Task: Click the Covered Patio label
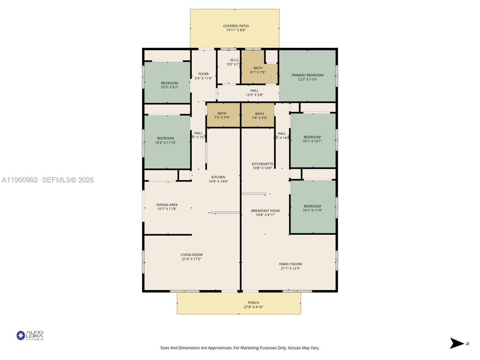tap(236, 28)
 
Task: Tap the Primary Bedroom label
tap(307, 77)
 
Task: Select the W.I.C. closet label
tap(234, 62)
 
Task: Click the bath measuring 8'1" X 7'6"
tap(258, 70)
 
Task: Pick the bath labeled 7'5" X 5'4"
tap(222, 115)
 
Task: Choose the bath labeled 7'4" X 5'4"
tap(259, 115)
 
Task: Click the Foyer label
tap(203, 76)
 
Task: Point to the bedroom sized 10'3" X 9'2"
tap(169, 85)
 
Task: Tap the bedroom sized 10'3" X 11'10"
tap(165, 140)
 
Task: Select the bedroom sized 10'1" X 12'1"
tap(312, 139)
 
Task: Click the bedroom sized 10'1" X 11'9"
tap(312, 208)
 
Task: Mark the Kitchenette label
tap(262, 166)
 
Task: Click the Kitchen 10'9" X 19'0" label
tap(218, 179)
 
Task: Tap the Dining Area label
tap(167, 207)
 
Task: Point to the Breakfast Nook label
tap(265, 213)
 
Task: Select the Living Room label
tap(191, 257)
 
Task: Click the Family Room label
tap(290, 266)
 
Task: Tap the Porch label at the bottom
tap(253, 304)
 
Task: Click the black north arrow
tap(457, 343)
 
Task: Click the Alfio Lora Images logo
tap(30, 335)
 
